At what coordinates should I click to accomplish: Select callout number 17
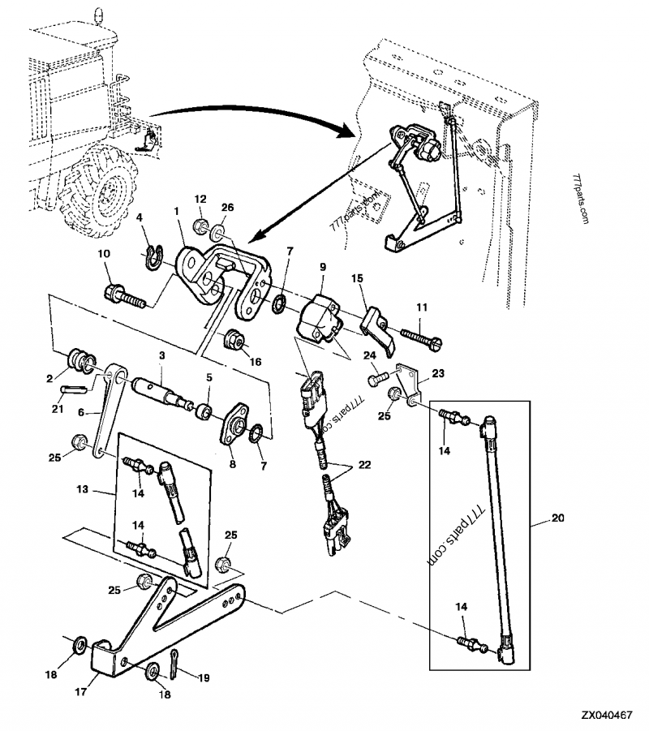pos(82,691)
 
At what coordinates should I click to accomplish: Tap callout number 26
pos(228,208)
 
